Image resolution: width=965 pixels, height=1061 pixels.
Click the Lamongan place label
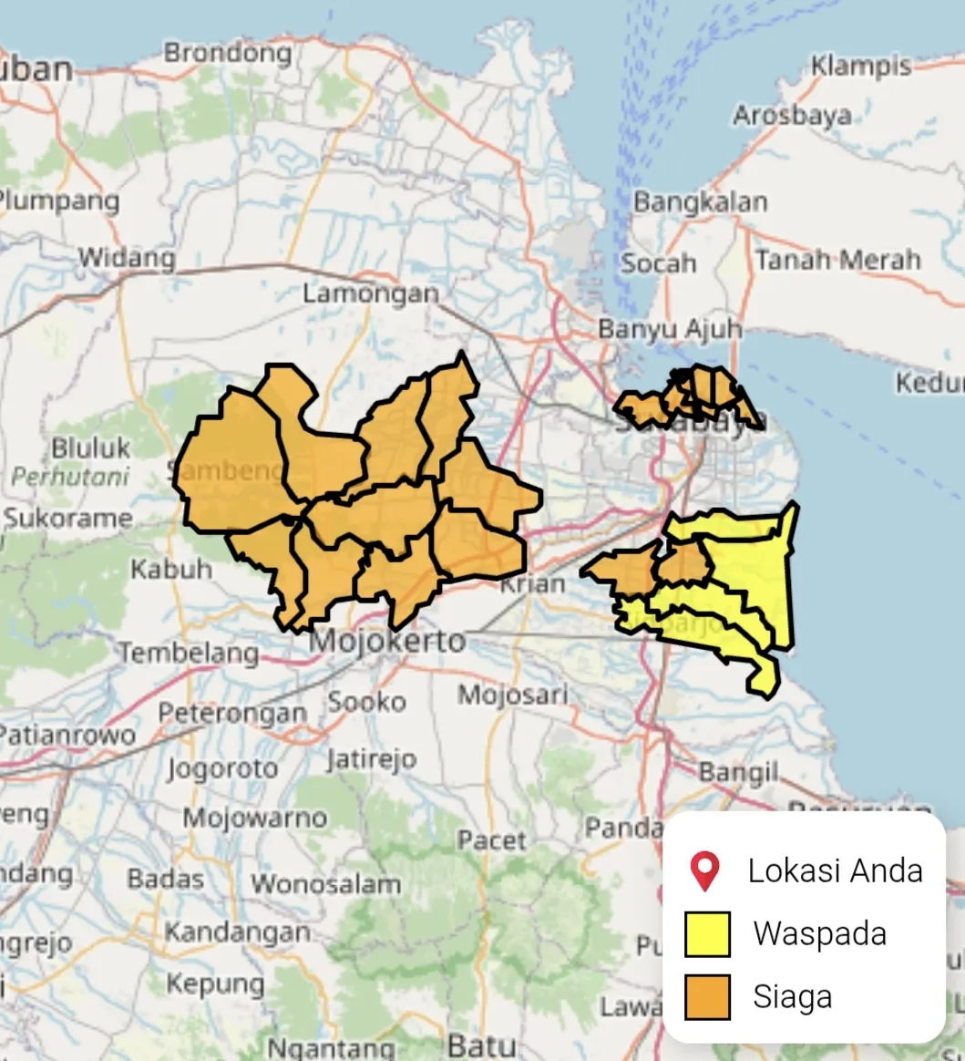(371, 294)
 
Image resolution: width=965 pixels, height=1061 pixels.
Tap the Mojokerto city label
(387, 641)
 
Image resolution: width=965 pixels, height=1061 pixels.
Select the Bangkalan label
(700, 201)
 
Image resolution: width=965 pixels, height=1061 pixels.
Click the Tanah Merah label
(837, 260)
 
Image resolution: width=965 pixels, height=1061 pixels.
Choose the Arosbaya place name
(792, 116)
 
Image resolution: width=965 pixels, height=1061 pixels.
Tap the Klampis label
(860, 67)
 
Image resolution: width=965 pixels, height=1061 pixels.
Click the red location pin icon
(705, 871)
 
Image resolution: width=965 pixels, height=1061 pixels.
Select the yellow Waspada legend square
(707, 934)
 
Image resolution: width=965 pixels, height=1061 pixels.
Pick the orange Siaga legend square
(707, 996)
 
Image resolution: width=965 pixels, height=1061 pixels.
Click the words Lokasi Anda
(835, 870)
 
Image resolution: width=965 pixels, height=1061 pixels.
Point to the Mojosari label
(512, 695)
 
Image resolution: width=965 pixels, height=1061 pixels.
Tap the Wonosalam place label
(325, 883)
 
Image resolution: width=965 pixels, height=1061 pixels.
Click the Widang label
(127, 258)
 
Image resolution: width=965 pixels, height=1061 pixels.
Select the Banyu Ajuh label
(670, 328)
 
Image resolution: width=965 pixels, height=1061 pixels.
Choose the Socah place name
(658, 263)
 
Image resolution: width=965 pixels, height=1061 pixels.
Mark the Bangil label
(738, 773)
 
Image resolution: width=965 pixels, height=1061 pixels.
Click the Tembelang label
(190, 653)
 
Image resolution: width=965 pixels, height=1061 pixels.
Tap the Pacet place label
(492, 840)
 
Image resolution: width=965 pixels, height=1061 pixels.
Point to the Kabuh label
(171, 570)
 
